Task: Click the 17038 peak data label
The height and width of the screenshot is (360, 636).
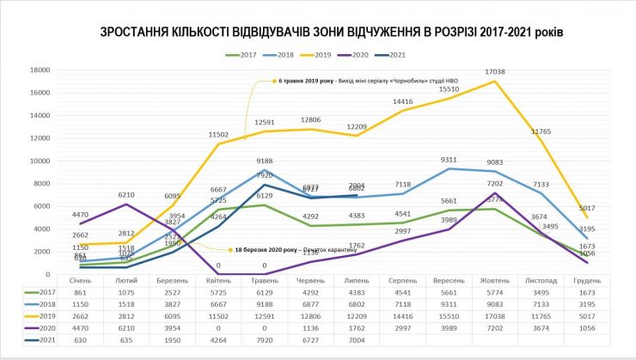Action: pyautogui.click(x=495, y=72)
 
